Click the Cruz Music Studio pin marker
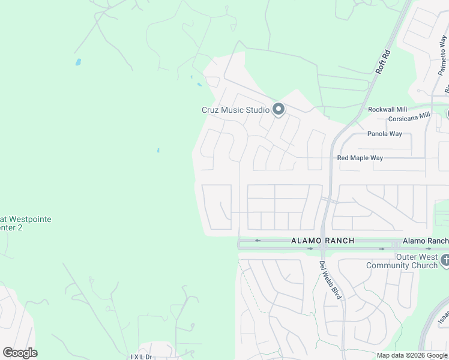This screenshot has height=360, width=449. pos(278,109)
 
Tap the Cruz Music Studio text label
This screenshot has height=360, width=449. pos(235,110)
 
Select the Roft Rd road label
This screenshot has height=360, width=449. pos(382,62)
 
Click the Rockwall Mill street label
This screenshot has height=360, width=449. pos(387,109)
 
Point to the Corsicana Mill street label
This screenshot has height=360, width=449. pos(409,118)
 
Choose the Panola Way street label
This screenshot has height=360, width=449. pos(385,134)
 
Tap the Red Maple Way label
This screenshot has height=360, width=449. pos(360,158)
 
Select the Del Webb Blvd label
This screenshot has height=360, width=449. pos(331,280)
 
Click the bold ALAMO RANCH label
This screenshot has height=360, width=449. pos(322,241)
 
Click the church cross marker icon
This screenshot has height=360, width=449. pos(445,260)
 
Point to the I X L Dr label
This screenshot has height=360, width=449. pos(142,356)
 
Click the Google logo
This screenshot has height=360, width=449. pos(20,353)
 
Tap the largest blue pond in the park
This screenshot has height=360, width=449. pos(78,62)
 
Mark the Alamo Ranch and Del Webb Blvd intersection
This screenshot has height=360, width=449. pos(323,245)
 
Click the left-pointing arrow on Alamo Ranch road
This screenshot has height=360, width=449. pos(258,241)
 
